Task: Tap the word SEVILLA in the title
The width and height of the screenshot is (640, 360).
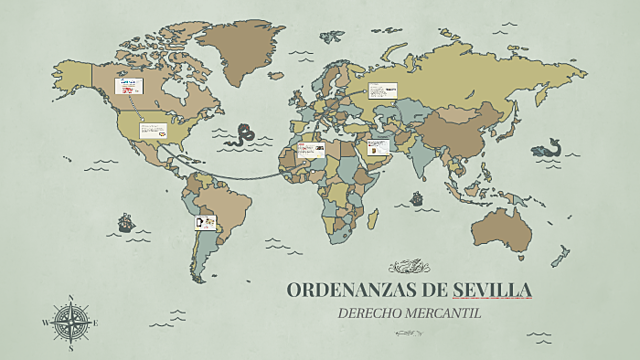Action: pyautogui.click(x=492, y=290)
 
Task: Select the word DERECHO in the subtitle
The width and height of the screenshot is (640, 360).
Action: pyautogui.click(x=369, y=312)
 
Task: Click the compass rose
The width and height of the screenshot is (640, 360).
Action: pyautogui.click(x=70, y=322)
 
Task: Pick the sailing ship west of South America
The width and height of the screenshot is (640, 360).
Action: pyautogui.click(x=126, y=221)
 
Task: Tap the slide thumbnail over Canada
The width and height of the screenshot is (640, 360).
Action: pyautogui.click(x=131, y=86)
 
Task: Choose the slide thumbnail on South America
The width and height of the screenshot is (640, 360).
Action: pyautogui.click(x=203, y=222)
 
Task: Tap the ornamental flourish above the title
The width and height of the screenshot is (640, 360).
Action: pyautogui.click(x=408, y=267)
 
